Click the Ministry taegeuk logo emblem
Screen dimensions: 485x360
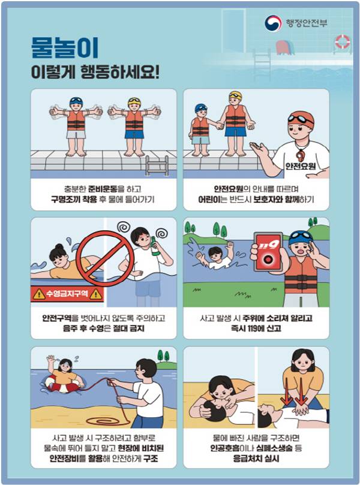273,23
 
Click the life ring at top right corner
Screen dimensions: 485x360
343,41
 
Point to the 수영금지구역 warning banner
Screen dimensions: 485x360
67,294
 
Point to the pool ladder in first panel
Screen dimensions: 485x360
157,164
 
